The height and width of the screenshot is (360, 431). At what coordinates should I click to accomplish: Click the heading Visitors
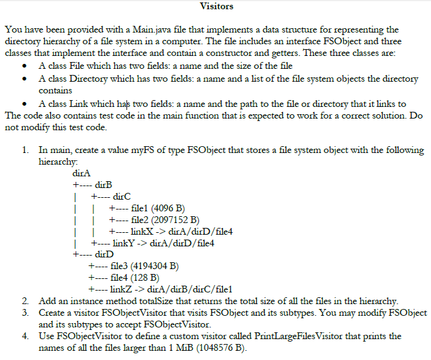point(216,7)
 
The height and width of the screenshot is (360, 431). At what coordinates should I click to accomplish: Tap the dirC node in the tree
point(120,196)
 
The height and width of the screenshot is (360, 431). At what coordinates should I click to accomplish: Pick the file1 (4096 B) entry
point(154,208)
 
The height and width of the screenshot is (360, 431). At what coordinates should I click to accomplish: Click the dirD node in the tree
point(103,254)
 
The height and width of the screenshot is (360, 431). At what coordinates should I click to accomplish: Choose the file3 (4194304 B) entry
point(145,266)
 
